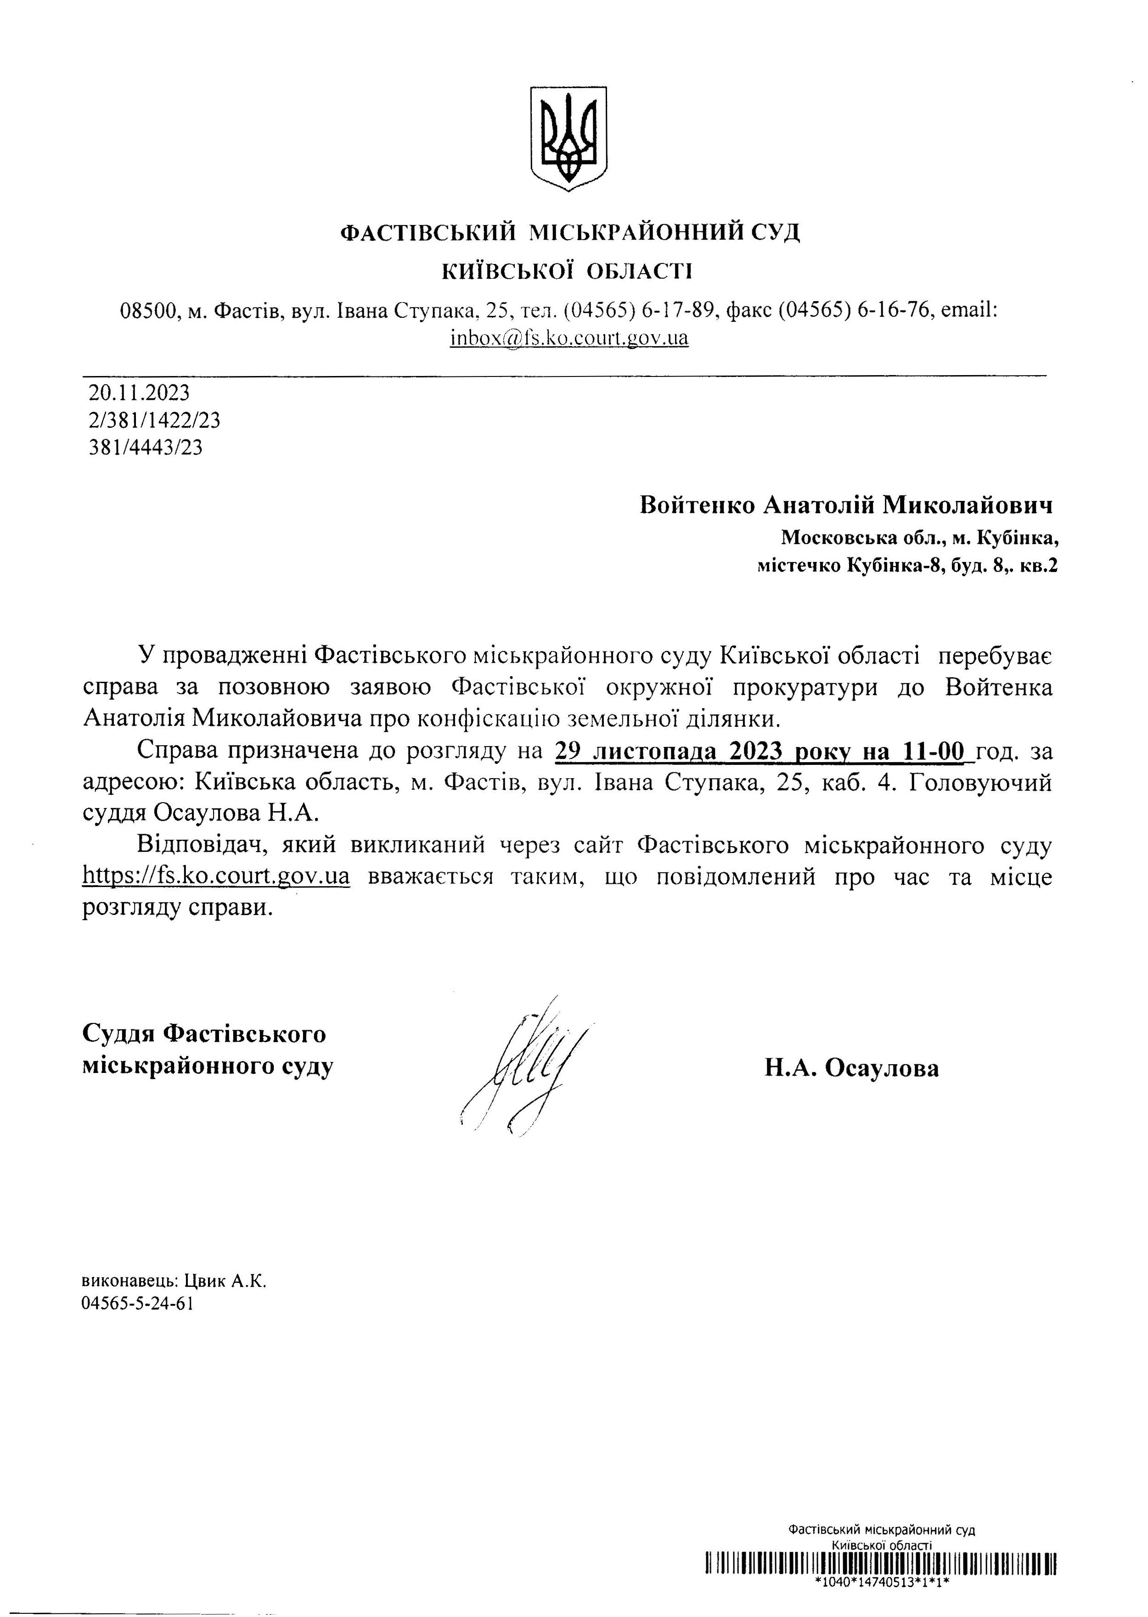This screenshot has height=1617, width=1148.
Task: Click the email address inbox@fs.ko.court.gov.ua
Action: (x=569, y=338)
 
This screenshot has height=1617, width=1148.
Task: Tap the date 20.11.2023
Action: (x=139, y=392)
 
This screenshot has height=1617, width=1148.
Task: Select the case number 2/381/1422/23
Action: (x=154, y=421)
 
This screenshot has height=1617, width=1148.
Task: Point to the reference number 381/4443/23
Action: (x=146, y=447)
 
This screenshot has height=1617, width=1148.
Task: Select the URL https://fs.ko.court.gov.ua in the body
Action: (x=216, y=877)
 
